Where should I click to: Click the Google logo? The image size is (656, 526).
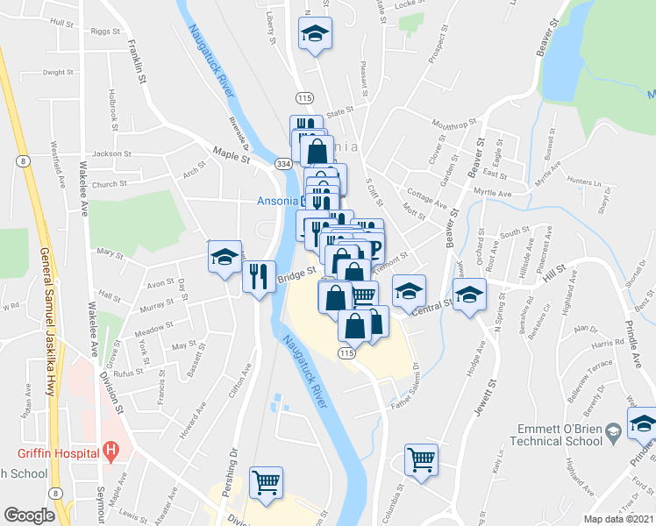[x=29, y=515]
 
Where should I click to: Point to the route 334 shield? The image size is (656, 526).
[x=282, y=164]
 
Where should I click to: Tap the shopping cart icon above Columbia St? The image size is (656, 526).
[x=422, y=458]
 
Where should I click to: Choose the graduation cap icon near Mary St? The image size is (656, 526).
[x=225, y=258]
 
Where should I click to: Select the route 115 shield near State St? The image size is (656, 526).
[x=303, y=97]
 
